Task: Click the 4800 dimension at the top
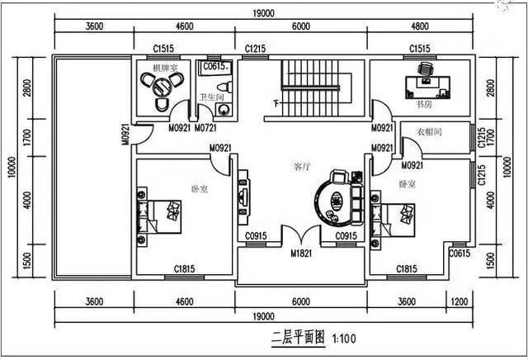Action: pos(421,26)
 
